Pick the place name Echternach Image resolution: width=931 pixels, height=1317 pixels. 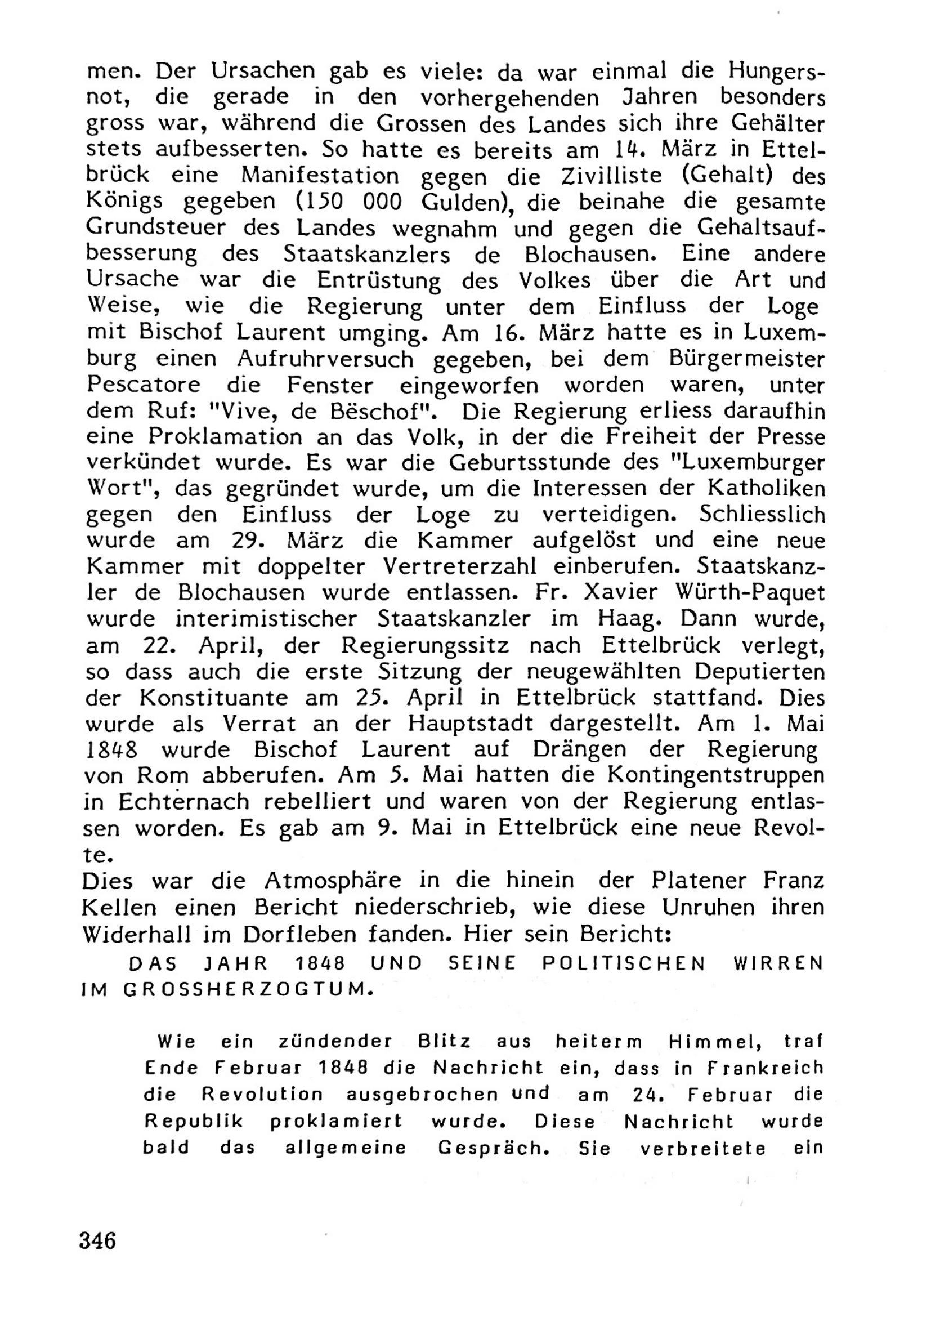183,802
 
